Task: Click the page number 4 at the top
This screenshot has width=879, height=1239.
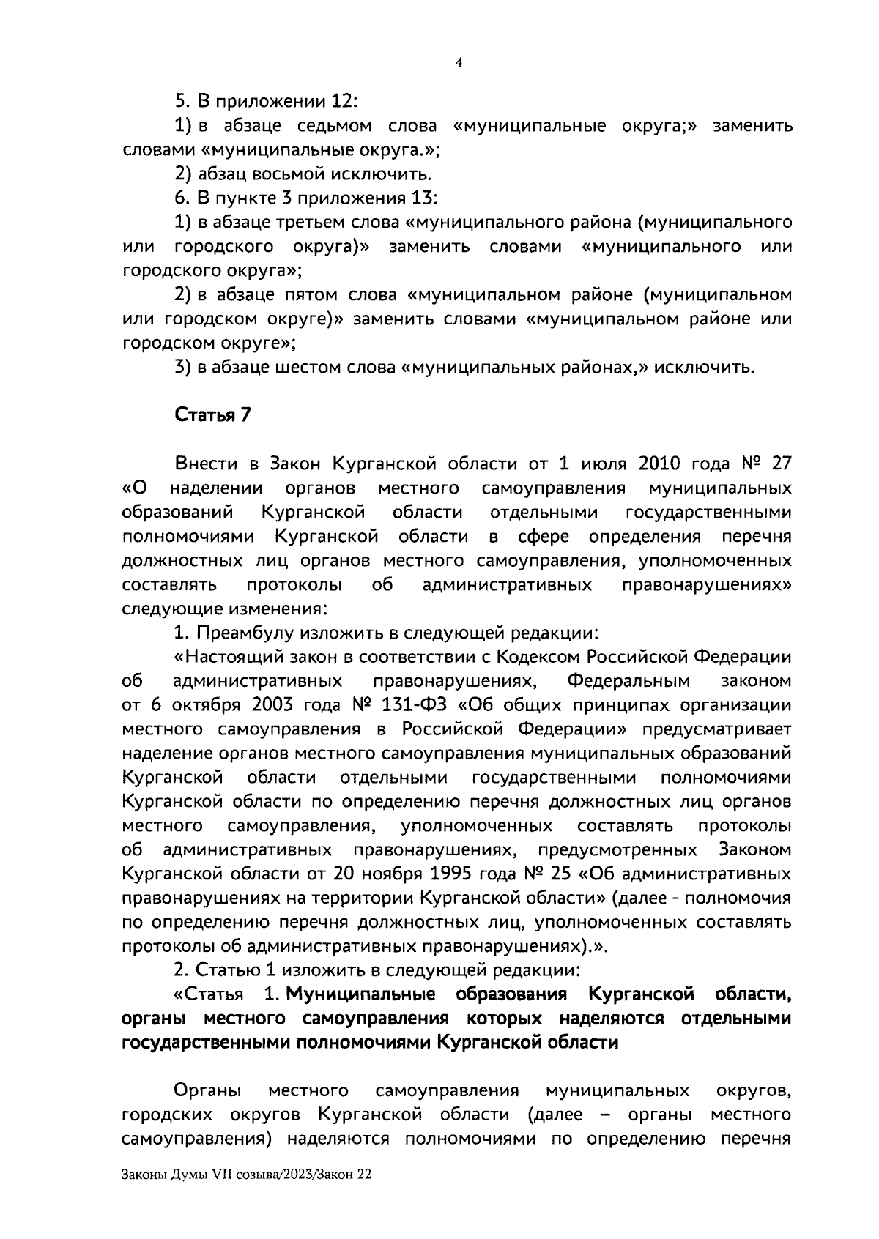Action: pos(459,63)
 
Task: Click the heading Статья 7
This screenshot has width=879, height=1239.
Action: pos(212,415)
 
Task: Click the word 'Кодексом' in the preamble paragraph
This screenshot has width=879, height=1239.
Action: pos(535,656)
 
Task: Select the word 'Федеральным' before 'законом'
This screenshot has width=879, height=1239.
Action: pos(629,680)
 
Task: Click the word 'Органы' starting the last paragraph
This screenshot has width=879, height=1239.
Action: pos(209,1091)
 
